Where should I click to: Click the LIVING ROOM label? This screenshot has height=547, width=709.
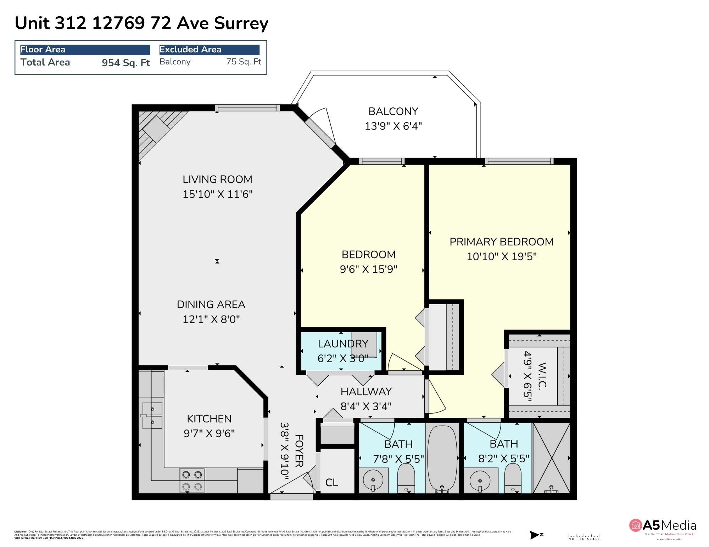(x=217, y=180)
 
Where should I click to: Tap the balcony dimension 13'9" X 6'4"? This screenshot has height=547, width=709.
(x=393, y=126)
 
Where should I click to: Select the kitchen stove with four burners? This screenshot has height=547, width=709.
(x=192, y=480)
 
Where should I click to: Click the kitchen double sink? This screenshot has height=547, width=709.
(x=152, y=415)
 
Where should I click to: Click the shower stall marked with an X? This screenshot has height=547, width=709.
(x=552, y=458)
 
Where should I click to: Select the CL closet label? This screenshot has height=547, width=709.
(x=332, y=483)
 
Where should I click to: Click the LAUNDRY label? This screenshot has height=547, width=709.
(x=342, y=344)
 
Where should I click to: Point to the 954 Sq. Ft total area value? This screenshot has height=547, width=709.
(x=126, y=63)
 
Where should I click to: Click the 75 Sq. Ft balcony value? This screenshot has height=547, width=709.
(x=244, y=62)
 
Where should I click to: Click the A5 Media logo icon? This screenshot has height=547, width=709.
(x=636, y=525)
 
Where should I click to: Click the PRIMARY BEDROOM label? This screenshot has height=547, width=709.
(x=501, y=242)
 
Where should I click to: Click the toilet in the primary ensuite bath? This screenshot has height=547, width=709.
(x=513, y=478)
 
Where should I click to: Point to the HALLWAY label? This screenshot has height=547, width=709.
(x=366, y=392)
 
